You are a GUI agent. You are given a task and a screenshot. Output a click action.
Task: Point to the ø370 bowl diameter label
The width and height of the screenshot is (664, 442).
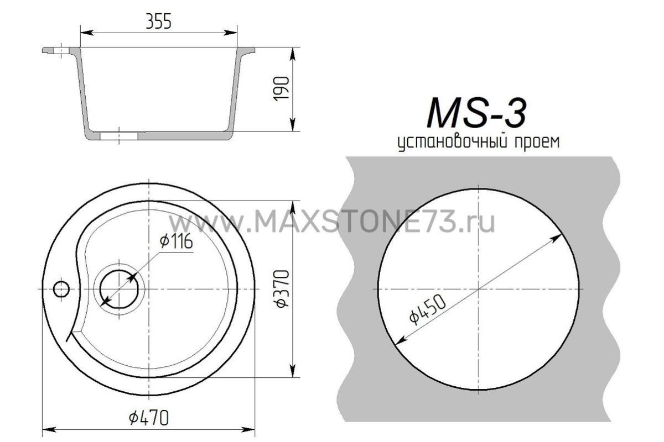click(x=282, y=287)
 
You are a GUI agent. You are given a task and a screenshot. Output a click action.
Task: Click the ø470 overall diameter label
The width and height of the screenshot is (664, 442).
click(x=148, y=418)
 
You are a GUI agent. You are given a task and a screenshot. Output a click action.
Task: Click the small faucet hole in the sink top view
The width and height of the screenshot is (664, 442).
click(x=60, y=288)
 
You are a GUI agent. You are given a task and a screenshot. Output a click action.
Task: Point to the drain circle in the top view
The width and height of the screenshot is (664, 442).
click(x=118, y=289)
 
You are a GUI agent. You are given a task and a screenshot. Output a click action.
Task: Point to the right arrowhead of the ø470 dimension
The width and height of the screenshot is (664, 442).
click(x=251, y=429)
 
